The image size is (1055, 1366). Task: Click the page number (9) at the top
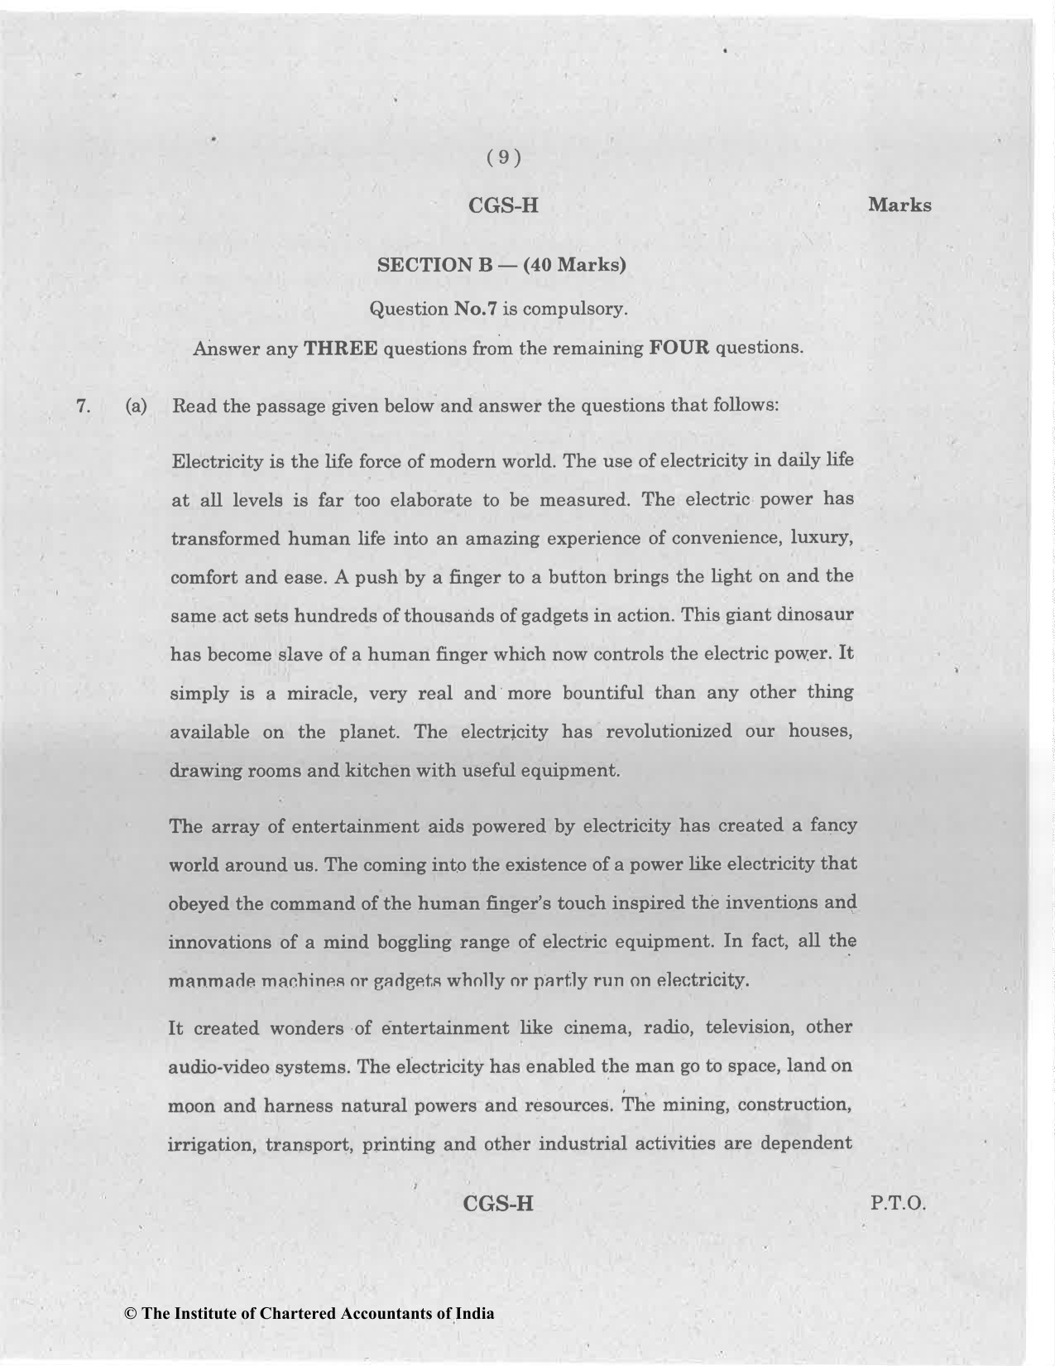coord(503,158)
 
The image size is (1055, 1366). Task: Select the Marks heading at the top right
coord(899,205)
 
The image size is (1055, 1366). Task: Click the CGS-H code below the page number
coord(503,206)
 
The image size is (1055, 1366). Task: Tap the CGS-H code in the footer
coord(499,1203)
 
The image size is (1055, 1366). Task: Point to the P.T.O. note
coord(898,1203)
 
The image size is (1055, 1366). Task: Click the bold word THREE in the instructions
coord(341,348)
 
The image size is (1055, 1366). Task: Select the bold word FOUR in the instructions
coord(679,348)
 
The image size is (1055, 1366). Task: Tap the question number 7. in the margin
coord(82,406)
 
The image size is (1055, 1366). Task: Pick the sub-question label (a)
coord(136,406)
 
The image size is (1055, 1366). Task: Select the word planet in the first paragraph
coord(367,733)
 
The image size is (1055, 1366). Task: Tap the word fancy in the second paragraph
coord(833,826)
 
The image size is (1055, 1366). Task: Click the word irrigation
coord(210,1145)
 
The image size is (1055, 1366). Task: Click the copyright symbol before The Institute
coord(129,1314)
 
